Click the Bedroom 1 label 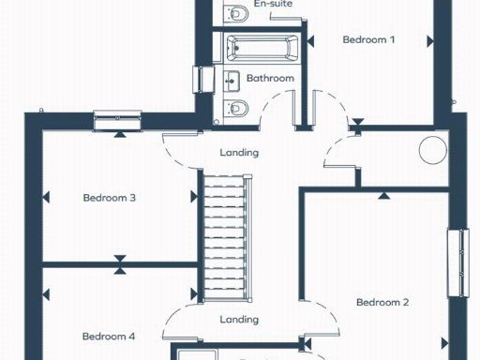[x=368, y=39]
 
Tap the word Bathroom [x=270, y=79]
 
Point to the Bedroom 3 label [x=110, y=198]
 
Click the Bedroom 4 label [x=108, y=337]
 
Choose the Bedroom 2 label [x=382, y=302]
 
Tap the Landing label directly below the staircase [x=239, y=320]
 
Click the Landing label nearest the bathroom [x=239, y=153]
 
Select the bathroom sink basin [x=232, y=79]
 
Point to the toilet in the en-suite [x=236, y=11]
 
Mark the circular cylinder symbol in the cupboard [x=433, y=149]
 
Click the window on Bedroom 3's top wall [x=119, y=118]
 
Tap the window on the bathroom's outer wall [x=199, y=80]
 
